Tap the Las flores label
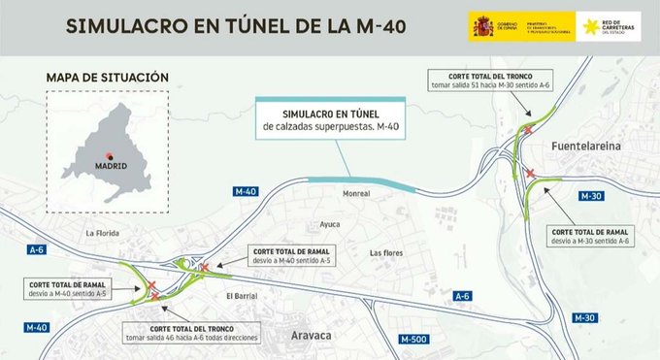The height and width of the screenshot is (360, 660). [x=386, y=252]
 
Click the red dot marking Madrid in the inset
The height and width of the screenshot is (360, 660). [x=110, y=156]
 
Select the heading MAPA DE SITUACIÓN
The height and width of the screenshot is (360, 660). [x=107, y=77]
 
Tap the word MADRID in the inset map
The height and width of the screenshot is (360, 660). [x=110, y=167]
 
